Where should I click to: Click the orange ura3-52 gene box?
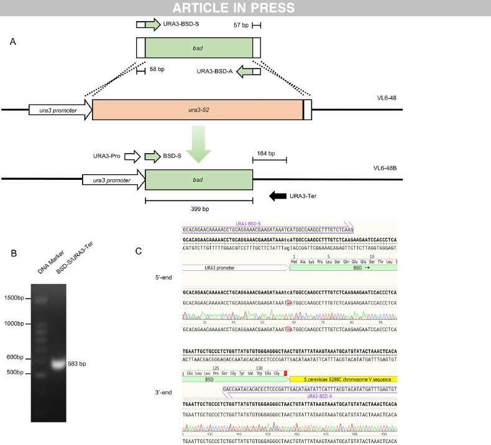pyautogui.click(x=198, y=110)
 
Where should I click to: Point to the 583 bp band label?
pyautogui.click(x=76, y=363)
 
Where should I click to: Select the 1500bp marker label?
pyautogui.click(x=16, y=297)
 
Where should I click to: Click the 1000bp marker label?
pyautogui.click(x=16, y=324)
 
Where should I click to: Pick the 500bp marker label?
pyautogui.click(x=17, y=373)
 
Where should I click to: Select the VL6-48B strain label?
pyautogui.click(x=387, y=168)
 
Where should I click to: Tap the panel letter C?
pyautogui.click(x=139, y=251)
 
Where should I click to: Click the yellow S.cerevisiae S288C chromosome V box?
pyautogui.click(x=342, y=378)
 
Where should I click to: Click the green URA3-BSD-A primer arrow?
pyautogui.click(x=248, y=72)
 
